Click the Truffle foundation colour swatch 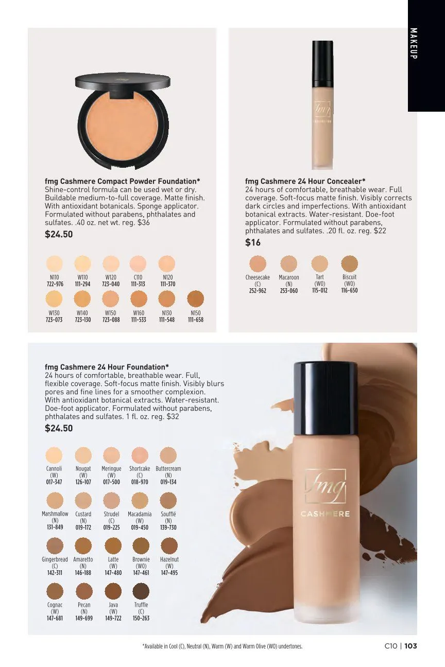tap(141, 591)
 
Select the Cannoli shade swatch tap(54, 455)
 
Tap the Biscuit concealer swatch tap(349, 264)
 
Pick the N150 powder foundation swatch tap(196, 299)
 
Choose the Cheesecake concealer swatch tap(258, 264)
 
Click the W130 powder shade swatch tap(54, 299)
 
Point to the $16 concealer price tap(253, 242)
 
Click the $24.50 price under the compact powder tap(59, 234)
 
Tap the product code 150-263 tap(141, 618)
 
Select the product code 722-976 tap(55, 284)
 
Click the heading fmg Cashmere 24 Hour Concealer tap(305, 181)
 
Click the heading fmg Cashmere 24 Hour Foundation tap(107, 367)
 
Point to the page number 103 tap(410, 646)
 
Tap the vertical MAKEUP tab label tap(414, 43)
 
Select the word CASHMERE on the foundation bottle tap(326, 514)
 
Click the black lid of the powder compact tap(123, 80)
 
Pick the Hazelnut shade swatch tap(169, 546)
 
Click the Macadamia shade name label tap(140, 514)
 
